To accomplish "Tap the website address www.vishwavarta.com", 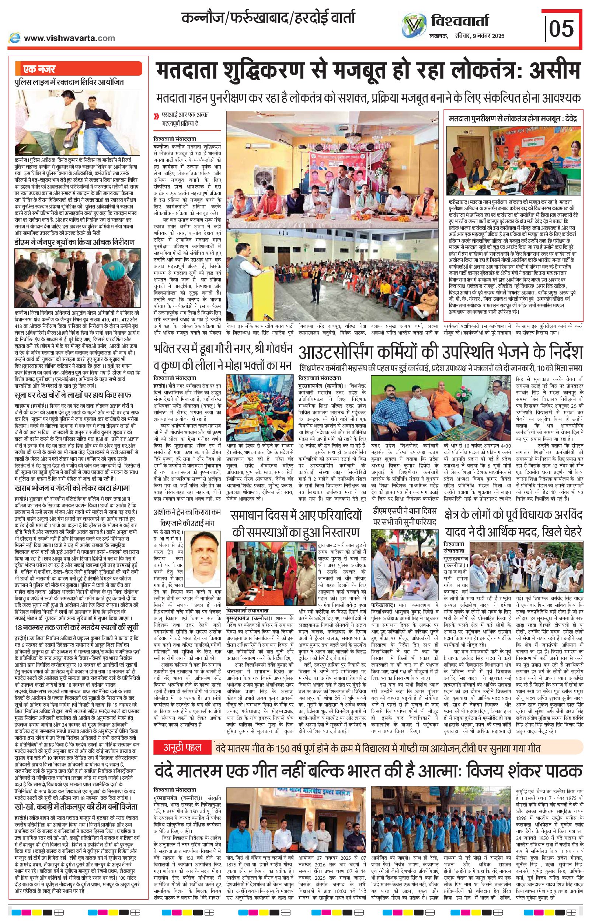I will click(69, 38).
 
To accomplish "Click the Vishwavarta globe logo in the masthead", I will click(414, 26).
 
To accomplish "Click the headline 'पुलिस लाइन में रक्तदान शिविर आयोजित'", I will click(69, 82).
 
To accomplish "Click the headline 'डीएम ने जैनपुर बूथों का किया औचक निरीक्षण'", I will click(74, 242).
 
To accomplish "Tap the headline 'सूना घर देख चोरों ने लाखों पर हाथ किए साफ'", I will click(73, 395).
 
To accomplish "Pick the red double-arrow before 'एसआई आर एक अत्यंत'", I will click(156, 116).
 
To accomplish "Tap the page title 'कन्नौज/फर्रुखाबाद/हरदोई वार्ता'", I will click(268, 18).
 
